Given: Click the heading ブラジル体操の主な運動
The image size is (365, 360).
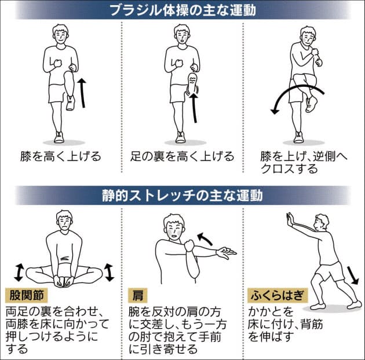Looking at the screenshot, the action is tap(183, 10).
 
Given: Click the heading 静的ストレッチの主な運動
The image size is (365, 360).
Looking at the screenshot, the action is tap(183, 196).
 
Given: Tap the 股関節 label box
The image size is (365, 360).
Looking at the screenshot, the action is tap(27, 295).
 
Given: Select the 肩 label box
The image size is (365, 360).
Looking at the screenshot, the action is tap(137, 295).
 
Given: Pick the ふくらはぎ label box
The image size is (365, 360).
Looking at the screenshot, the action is tap(278, 295).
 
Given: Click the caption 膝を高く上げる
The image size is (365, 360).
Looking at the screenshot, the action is tap(61, 156).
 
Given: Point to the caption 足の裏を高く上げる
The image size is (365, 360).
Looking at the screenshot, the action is tap(183, 156).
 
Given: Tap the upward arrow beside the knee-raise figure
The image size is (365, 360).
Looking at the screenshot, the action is tap(82, 93).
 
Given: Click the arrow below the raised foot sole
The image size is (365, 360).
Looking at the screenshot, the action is tap(194, 108).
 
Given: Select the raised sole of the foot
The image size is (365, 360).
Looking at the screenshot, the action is tap(192, 82).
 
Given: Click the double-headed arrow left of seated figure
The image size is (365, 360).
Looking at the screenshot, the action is tap(19, 273).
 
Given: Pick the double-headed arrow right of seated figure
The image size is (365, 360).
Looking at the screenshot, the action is tap(109, 273).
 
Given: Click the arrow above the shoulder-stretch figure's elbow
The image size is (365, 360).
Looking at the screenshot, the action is tap(205, 239).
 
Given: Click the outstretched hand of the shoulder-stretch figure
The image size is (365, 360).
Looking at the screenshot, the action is tap(226, 253).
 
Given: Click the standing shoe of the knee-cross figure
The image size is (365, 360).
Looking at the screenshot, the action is tap(298, 137).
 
